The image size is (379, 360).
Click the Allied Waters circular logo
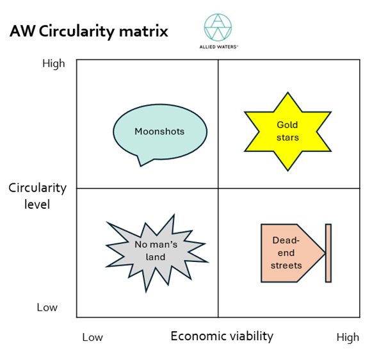[218, 27]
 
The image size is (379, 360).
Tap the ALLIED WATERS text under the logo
[219, 47]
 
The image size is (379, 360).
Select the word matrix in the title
[143, 31]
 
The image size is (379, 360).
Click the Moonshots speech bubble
[160, 132]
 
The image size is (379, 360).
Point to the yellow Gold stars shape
[287, 131]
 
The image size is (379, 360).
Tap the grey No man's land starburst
[157, 252]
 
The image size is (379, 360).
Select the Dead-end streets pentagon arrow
[293, 253]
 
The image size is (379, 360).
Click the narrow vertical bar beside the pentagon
[328, 253]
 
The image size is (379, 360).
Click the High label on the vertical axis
[54, 63]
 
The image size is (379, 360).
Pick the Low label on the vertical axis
[47, 307]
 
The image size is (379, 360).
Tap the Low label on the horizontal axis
[93, 338]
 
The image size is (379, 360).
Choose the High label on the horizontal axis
[348, 338]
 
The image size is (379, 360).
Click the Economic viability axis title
[222, 336]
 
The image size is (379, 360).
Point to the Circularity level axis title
[38, 196]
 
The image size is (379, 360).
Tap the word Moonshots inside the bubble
[159, 131]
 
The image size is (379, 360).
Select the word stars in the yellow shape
[287, 138]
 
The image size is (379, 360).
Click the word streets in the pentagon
[286, 265]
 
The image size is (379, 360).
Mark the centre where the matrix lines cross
[218, 188]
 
